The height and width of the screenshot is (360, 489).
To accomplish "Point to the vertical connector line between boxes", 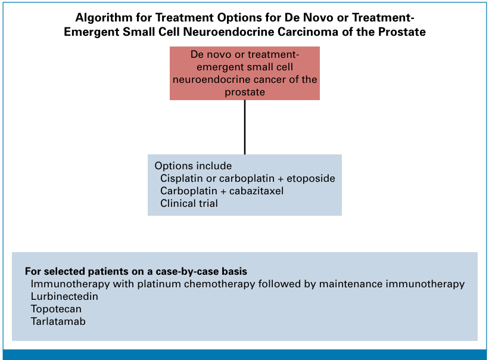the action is (x=245, y=128).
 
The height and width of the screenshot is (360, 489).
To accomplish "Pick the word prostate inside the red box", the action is (x=245, y=92).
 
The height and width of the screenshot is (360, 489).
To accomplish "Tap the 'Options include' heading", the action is (x=193, y=166).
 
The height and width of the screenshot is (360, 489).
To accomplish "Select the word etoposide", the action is (x=311, y=178).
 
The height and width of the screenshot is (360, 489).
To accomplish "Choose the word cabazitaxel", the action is (x=256, y=191).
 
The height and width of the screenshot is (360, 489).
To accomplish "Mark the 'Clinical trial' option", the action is (x=189, y=203).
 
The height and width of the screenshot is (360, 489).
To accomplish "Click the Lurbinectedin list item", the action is (x=64, y=296).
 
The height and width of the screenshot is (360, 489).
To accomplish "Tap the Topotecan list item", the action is (x=56, y=309).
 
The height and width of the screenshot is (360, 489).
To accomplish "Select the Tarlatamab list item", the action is (x=58, y=321).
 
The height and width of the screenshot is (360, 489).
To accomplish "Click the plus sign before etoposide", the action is (x=281, y=179).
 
